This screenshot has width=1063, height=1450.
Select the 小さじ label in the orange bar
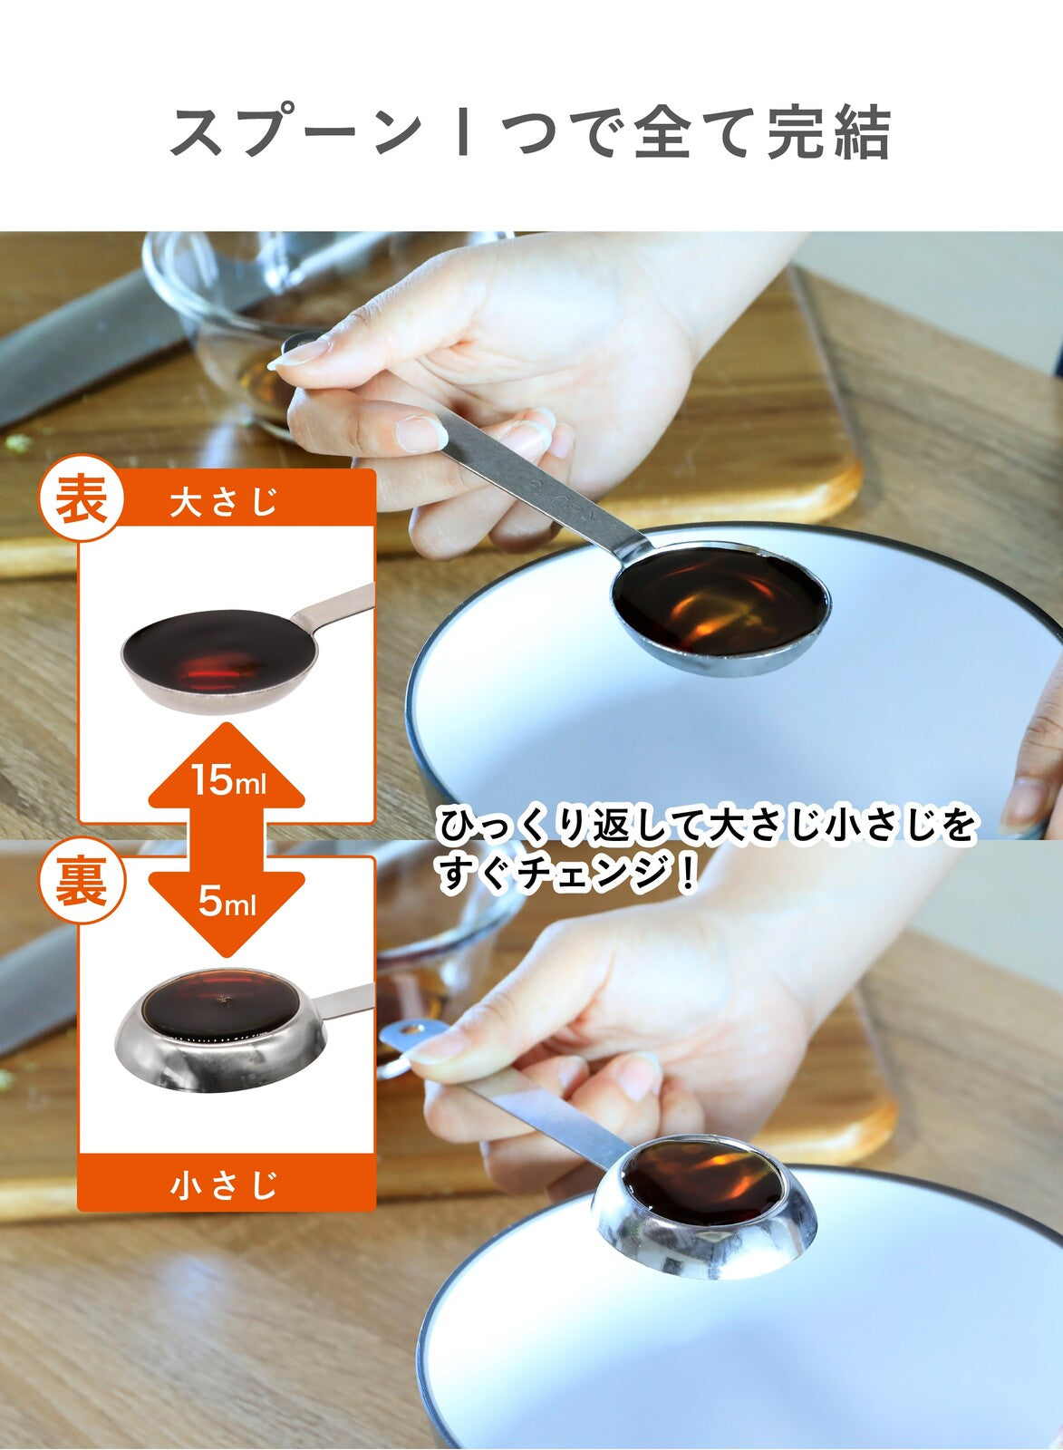(x=224, y=1185)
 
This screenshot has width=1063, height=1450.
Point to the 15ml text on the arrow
(x=227, y=779)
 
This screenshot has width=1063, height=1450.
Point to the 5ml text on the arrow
(x=227, y=903)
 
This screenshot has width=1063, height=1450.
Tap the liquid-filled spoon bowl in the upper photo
(x=720, y=600)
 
